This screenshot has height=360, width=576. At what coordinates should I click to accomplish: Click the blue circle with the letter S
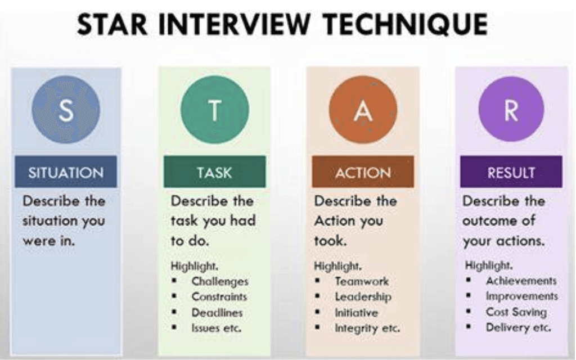(66, 110)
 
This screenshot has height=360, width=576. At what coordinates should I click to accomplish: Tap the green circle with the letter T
(214, 110)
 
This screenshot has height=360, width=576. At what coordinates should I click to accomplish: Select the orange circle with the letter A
(363, 110)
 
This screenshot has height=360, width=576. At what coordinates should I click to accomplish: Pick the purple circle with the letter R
(511, 110)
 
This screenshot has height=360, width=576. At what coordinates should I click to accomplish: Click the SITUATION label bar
(66, 172)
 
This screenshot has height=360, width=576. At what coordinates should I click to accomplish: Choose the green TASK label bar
(214, 172)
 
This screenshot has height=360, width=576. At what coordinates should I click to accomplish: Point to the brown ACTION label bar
(363, 172)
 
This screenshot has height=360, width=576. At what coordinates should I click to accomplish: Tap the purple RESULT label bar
(511, 172)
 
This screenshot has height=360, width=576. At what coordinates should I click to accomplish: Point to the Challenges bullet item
(219, 281)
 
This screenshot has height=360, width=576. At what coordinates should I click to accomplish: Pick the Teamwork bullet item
(362, 281)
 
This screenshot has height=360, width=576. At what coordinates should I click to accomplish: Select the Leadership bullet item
(363, 296)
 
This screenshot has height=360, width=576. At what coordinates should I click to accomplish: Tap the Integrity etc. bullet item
(367, 327)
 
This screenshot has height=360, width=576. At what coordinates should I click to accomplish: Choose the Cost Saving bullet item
(516, 312)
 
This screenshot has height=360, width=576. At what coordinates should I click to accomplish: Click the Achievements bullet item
(521, 281)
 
